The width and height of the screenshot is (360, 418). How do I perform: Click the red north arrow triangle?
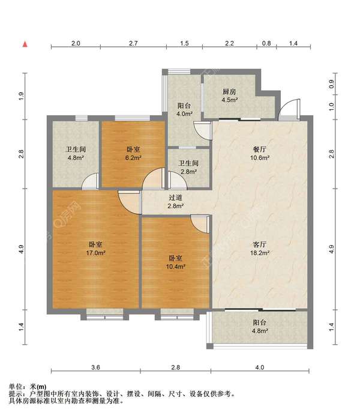click(x=25, y=44)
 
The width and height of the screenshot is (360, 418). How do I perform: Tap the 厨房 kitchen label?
click(x=229, y=92)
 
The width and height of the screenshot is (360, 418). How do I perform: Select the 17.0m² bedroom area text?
click(x=95, y=253)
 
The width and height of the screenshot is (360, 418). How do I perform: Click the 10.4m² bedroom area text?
click(x=176, y=266)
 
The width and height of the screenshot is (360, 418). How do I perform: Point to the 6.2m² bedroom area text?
click(x=133, y=157)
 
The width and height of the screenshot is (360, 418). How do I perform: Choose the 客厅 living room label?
click(x=260, y=244)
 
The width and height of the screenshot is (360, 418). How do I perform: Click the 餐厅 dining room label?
click(x=260, y=149)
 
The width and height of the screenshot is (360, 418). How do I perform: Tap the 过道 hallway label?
click(x=175, y=198)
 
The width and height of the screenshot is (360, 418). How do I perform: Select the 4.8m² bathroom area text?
click(x=76, y=157)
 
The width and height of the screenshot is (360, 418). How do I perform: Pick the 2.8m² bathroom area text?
click(x=189, y=172)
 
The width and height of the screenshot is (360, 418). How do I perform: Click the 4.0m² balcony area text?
click(x=184, y=114)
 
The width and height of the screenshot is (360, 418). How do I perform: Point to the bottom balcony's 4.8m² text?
click(x=260, y=331)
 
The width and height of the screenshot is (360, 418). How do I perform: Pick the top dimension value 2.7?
click(x=133, y=43)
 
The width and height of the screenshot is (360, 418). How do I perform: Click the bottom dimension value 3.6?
click(x=95, y=368)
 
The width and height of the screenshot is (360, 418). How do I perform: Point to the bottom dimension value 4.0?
click(x=260, y=368)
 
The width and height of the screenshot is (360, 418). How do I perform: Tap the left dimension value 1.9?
click(x=22, y=96)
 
